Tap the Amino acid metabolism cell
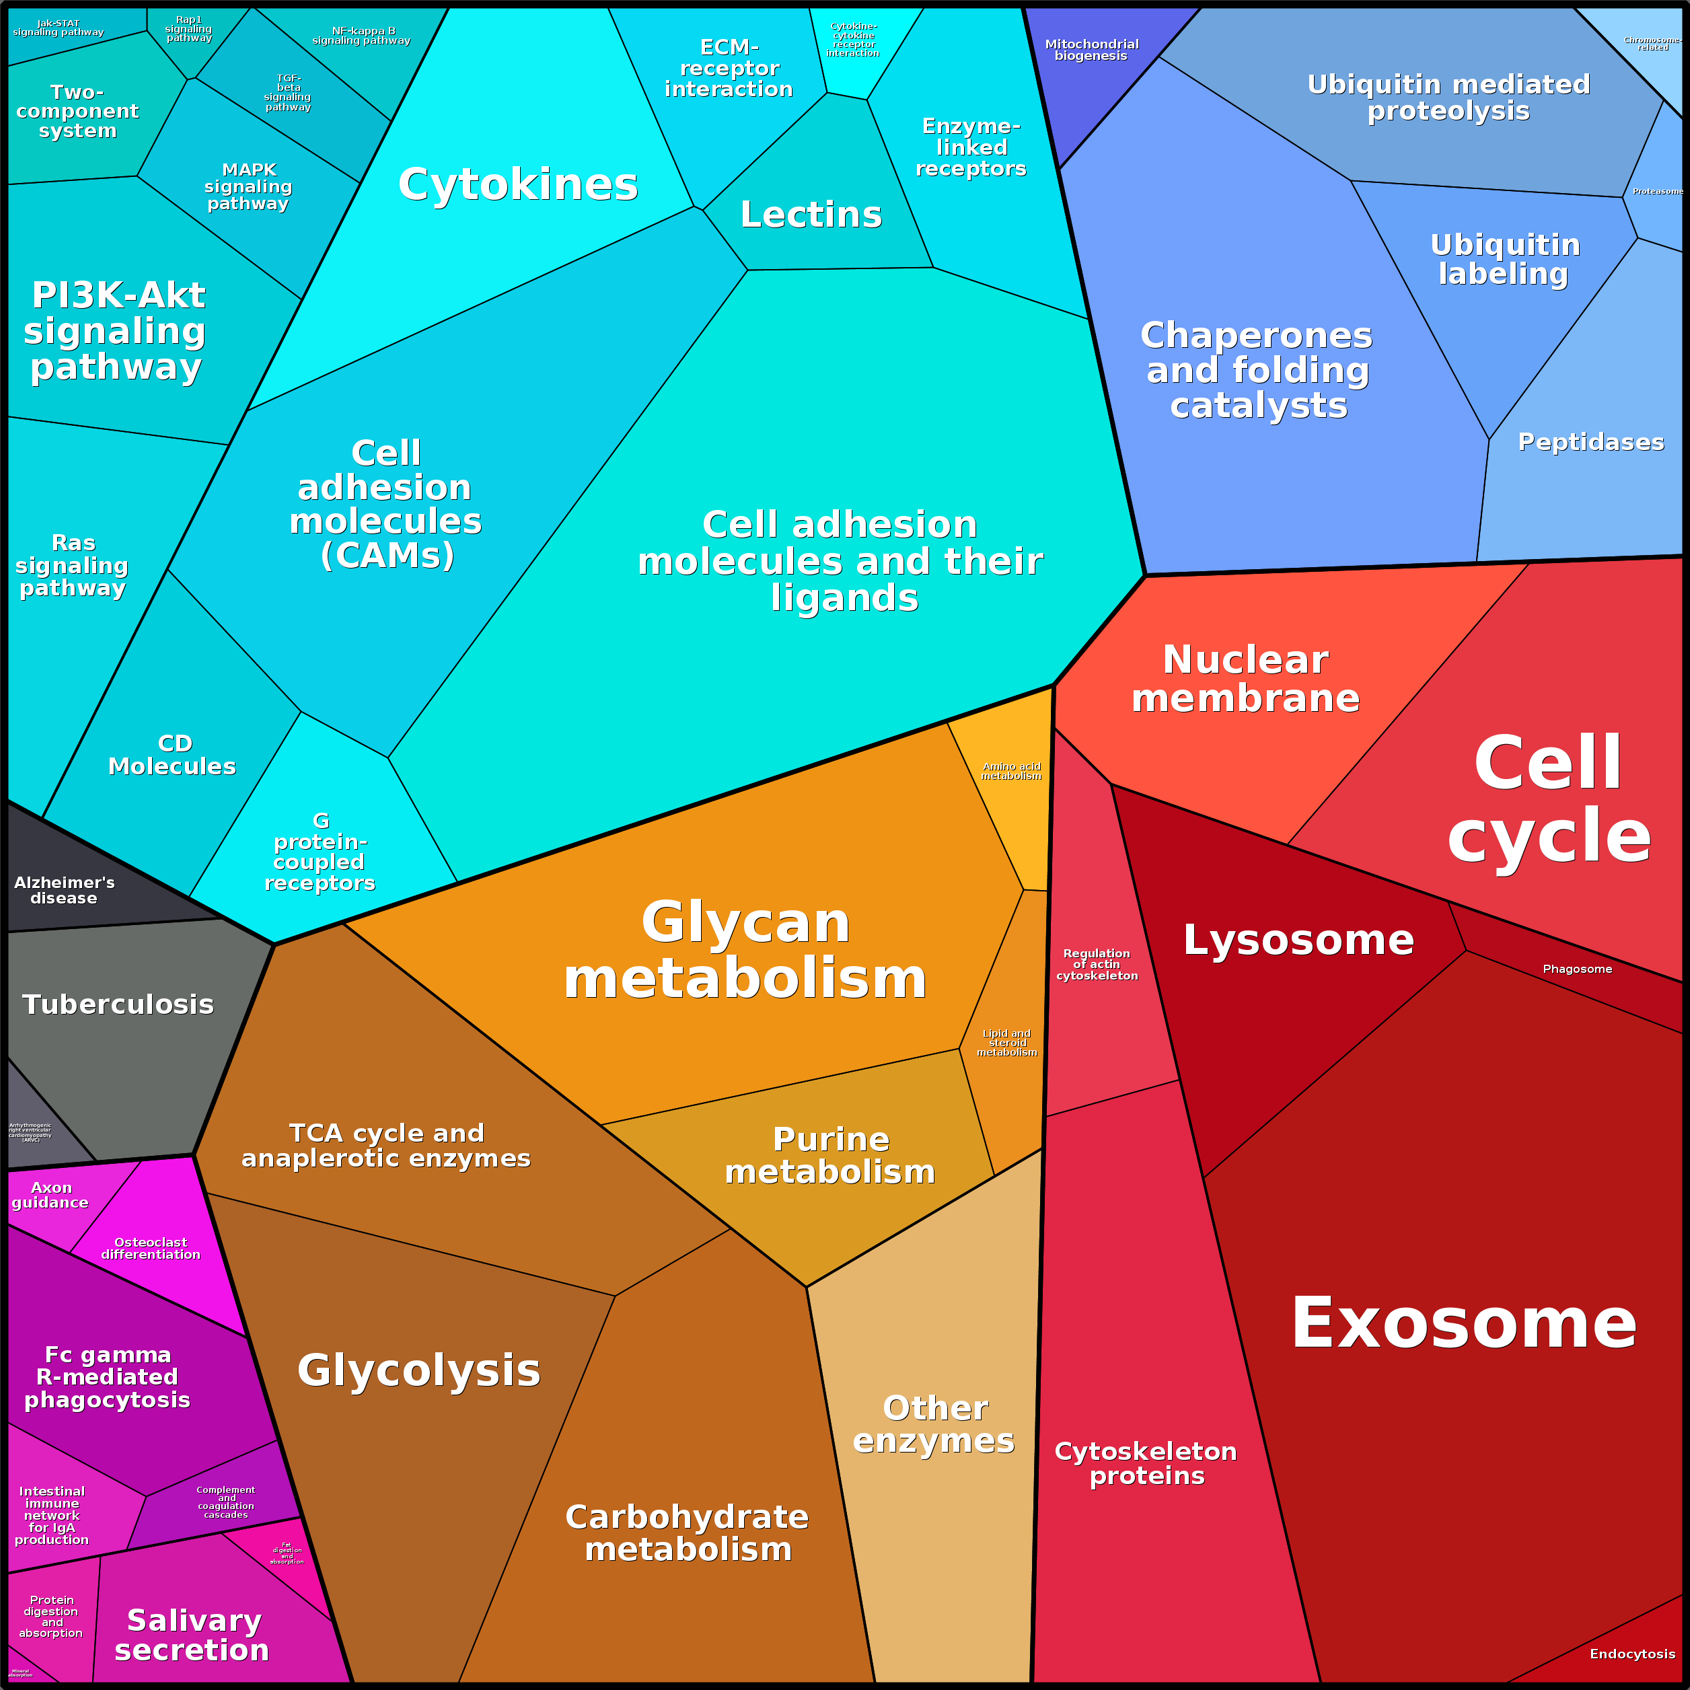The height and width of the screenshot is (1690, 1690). (x=1011, y=772)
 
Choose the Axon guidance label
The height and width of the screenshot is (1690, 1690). (x=50, y=1195)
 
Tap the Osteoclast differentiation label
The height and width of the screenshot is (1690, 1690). (x=151, y=1248)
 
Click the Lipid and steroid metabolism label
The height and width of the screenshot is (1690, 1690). (x=1007, y=1043)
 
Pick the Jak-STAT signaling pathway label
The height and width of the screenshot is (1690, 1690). (x=58, y=28)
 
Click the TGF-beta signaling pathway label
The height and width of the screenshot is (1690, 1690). (x=288, y=93)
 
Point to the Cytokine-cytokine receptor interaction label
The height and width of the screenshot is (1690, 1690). (x=853, y=40)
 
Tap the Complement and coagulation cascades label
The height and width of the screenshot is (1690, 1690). (x=225, y=1502)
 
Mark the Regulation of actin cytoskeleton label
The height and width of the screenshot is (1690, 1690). (x=1097, y=964)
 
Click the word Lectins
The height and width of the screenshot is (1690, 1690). (x=811, y=215)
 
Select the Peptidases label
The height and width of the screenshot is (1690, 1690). (x=1590, y=442)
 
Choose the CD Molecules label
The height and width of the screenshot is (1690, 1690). (x=172, y=755)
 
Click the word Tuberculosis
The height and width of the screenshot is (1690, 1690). (x=118, y=1004)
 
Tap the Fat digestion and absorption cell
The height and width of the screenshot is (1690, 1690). (x=287, y=1553)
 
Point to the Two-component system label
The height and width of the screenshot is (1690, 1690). (x=77, y=111)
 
